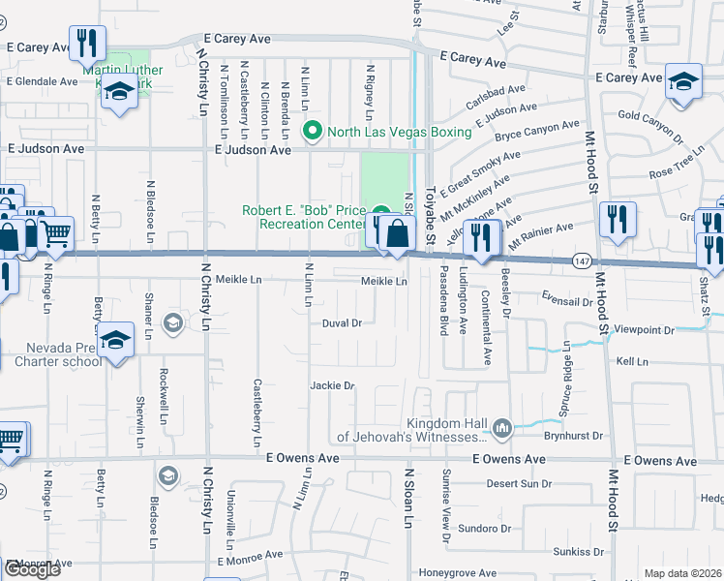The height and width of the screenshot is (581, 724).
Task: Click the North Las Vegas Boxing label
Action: pos(399,132)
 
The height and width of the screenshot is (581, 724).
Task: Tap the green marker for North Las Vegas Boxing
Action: pos(313,131)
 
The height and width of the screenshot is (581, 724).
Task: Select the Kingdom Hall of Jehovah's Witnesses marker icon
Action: pos(502,427)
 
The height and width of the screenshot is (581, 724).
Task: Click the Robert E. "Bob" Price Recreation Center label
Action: pos(304,217)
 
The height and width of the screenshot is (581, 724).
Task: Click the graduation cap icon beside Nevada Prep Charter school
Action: pos(115,341)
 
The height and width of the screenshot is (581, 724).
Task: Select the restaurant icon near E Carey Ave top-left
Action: pos(88,43)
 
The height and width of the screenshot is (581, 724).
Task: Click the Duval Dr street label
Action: pos(342,323)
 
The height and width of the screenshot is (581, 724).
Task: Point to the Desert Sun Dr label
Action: pos(520,483)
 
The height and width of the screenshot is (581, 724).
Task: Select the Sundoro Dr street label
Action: pos(484,528)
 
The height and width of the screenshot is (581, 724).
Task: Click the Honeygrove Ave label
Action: pos(461,572)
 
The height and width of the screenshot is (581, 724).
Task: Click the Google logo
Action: pos(31,569)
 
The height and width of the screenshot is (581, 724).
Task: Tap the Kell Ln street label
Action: pos(631,360)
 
